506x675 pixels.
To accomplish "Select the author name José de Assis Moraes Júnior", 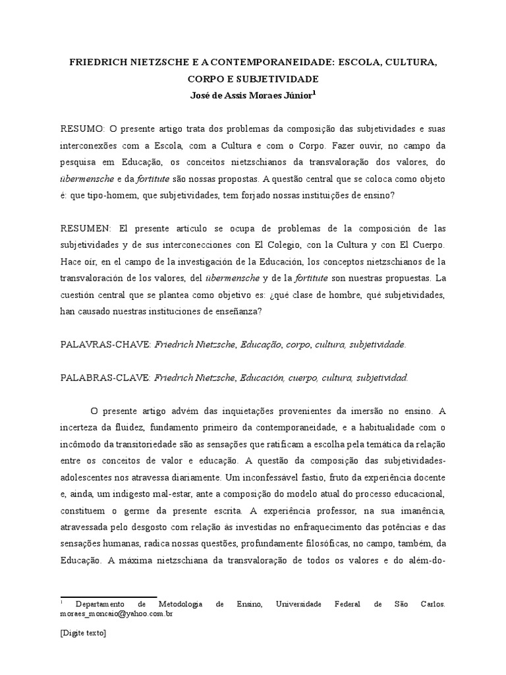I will [x=250, y=94].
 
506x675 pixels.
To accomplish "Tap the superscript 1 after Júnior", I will [x=314, y=92].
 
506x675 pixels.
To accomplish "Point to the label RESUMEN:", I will [x=86, y=229].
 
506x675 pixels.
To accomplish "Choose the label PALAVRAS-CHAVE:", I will [x=105, y=344].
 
